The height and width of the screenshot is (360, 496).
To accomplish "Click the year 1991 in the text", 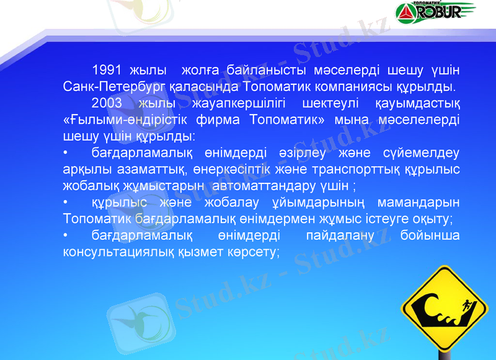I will click(x=105, y=69).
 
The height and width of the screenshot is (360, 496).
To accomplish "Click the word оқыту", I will click(x=434, y=219).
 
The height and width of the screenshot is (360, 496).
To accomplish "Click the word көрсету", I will click(x=254, y=252).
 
